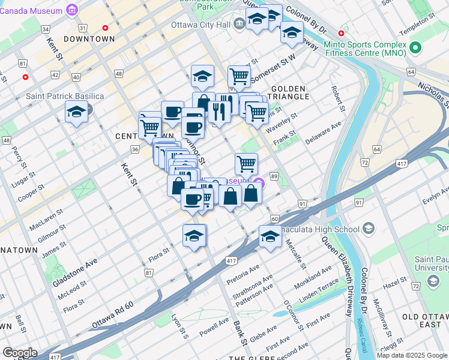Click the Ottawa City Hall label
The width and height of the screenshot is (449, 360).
(200, 25)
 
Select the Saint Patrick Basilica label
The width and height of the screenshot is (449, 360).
(65, 96)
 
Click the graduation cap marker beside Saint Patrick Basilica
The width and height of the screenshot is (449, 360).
(76, 112)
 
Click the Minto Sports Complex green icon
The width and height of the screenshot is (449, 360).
(414, 46)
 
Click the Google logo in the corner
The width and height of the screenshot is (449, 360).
(20, 353)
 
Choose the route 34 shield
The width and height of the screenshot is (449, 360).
(45, 28)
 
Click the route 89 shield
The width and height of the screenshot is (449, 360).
(274, 176)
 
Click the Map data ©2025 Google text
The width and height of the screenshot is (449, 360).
(411, 355)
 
